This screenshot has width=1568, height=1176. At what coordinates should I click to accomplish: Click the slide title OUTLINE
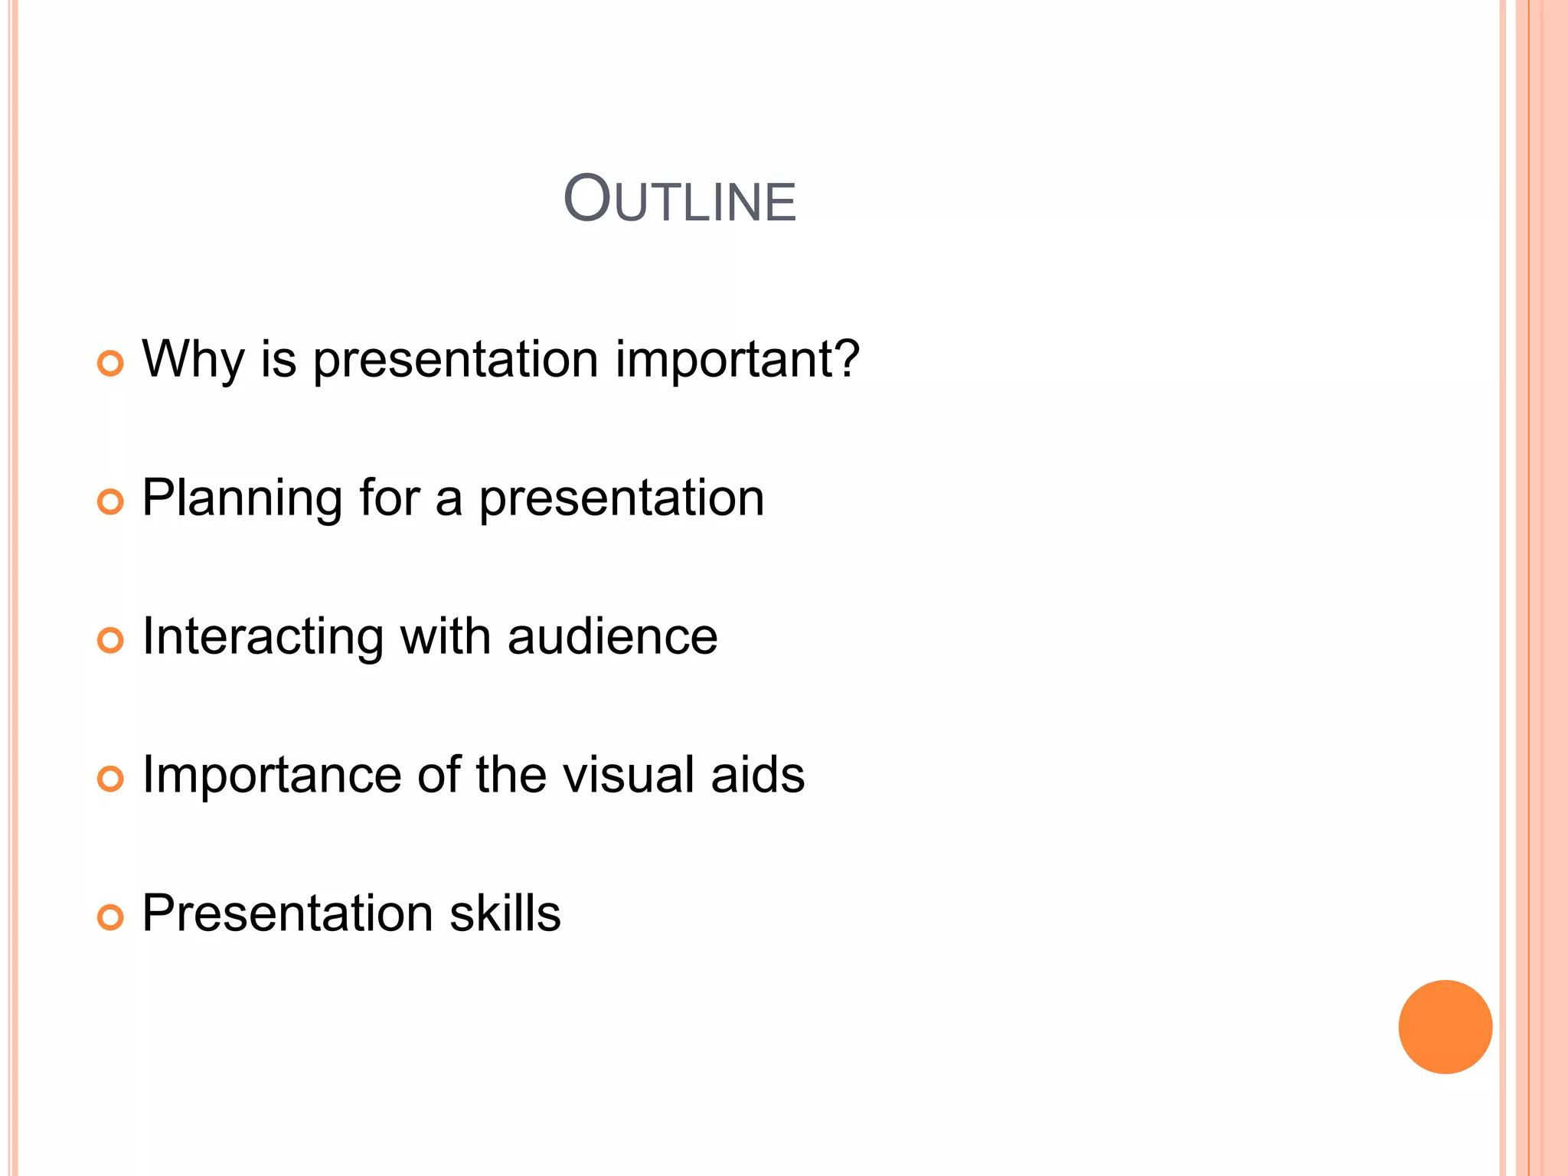click(680, 200)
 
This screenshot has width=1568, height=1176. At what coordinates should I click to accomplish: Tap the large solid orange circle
click(1445, 1027)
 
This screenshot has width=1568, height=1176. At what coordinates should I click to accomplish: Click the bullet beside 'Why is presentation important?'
click(110, 363)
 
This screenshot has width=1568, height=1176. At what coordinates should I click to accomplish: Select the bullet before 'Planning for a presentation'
click(110, 502)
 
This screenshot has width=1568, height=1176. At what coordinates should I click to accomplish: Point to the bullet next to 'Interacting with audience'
click(110, 640)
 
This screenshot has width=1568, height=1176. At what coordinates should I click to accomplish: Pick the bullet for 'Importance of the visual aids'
click(110, 779)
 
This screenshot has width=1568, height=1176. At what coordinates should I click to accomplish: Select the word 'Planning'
click(242, 498)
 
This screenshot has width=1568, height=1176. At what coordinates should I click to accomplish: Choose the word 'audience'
click(612, 636)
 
